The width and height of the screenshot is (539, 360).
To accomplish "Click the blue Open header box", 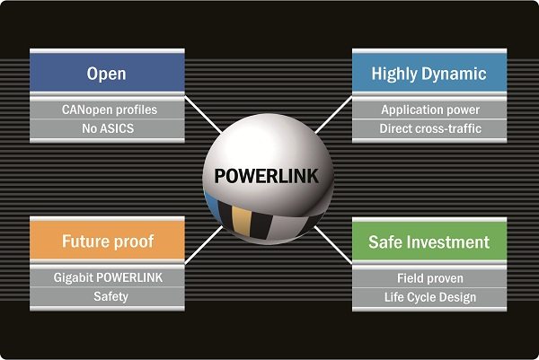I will [107, 72].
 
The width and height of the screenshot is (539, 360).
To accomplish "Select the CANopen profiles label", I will [107, 110].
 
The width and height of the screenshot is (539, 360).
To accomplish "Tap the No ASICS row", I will [107, 128].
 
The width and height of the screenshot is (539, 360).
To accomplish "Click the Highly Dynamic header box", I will [429, 72].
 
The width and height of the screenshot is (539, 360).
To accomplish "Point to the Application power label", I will [429, 110].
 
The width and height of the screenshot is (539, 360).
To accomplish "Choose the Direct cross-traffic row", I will [429, 128].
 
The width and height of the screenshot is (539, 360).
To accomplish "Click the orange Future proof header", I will [107, 241].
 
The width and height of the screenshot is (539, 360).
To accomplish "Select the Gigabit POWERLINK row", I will [107, 277].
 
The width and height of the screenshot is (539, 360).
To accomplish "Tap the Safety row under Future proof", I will [107, 296].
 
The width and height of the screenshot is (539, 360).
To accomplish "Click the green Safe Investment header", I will [429, 241].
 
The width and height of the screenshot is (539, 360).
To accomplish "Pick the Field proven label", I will [429, 277].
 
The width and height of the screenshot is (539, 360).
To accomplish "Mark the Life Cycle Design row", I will [429, 296].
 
